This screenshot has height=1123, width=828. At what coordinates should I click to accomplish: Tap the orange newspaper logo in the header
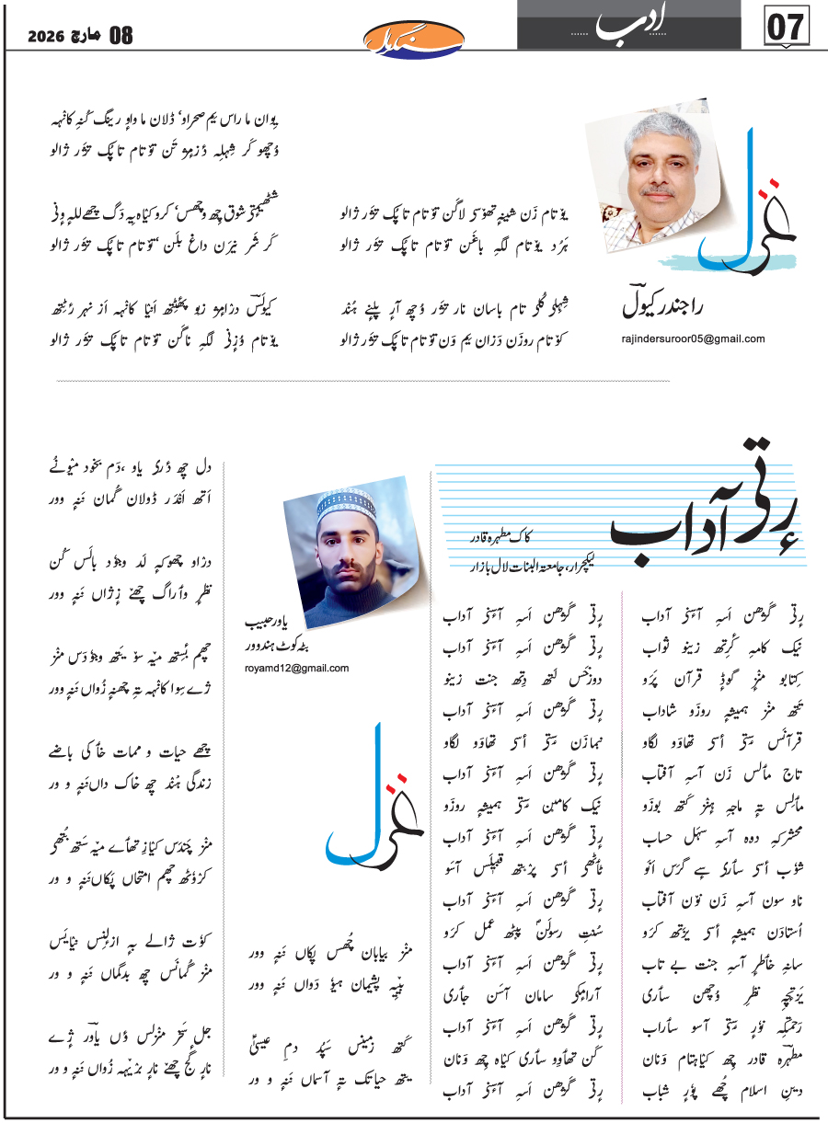click(x=413, y=38)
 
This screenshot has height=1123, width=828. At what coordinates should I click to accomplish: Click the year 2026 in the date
click(x=45, y=37)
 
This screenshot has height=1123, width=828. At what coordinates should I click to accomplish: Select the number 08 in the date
click(x=121, y=37)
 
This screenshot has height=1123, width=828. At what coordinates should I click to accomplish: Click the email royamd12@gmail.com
click(x=305, y=668)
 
